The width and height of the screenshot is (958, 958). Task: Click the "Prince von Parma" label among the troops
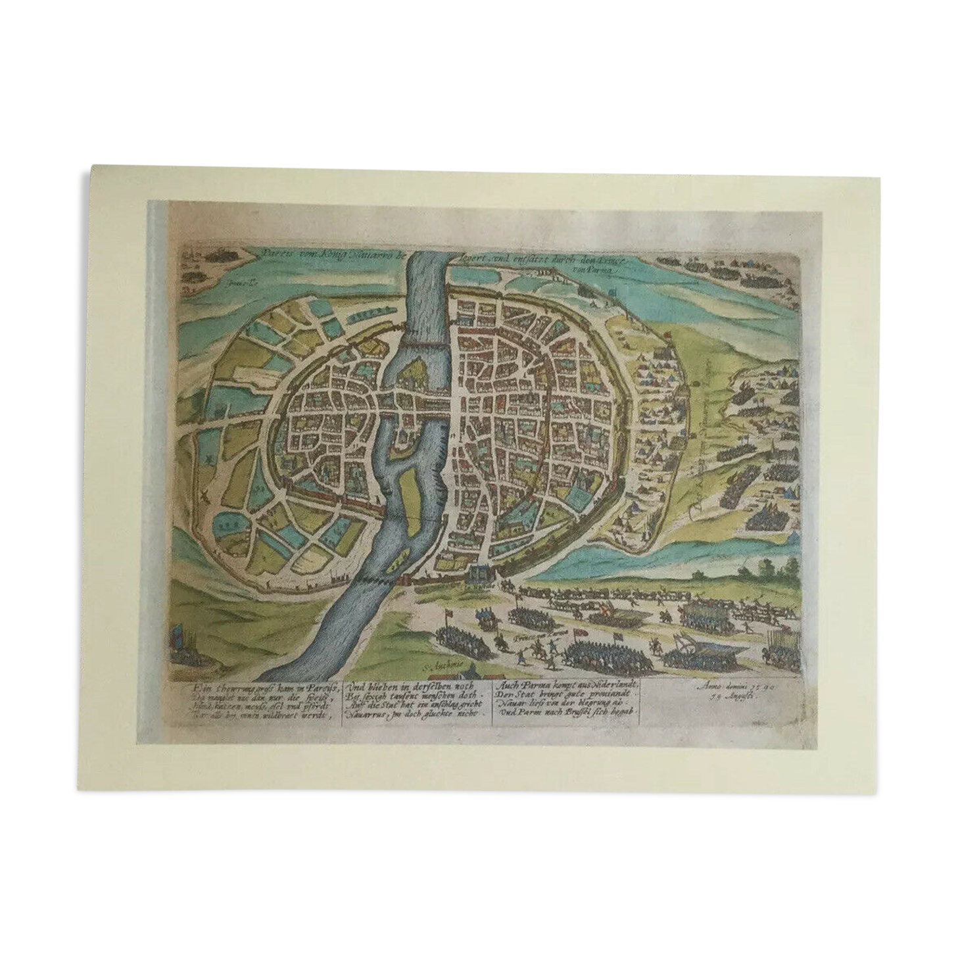[x=535, y=636]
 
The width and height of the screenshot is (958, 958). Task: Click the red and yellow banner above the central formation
[x=601, y=616]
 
